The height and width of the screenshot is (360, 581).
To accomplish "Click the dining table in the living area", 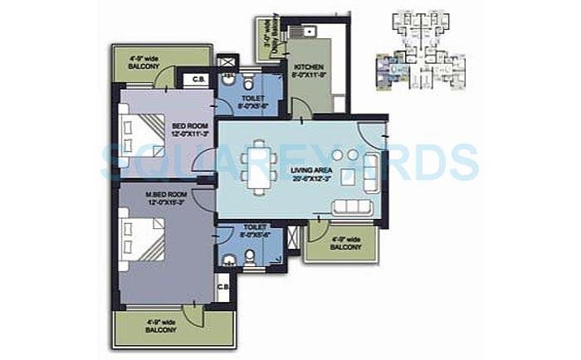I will click(257, 164).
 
